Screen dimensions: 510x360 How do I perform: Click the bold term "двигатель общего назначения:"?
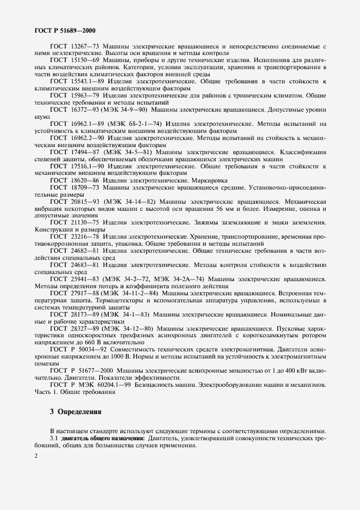[x=104, y=438]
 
